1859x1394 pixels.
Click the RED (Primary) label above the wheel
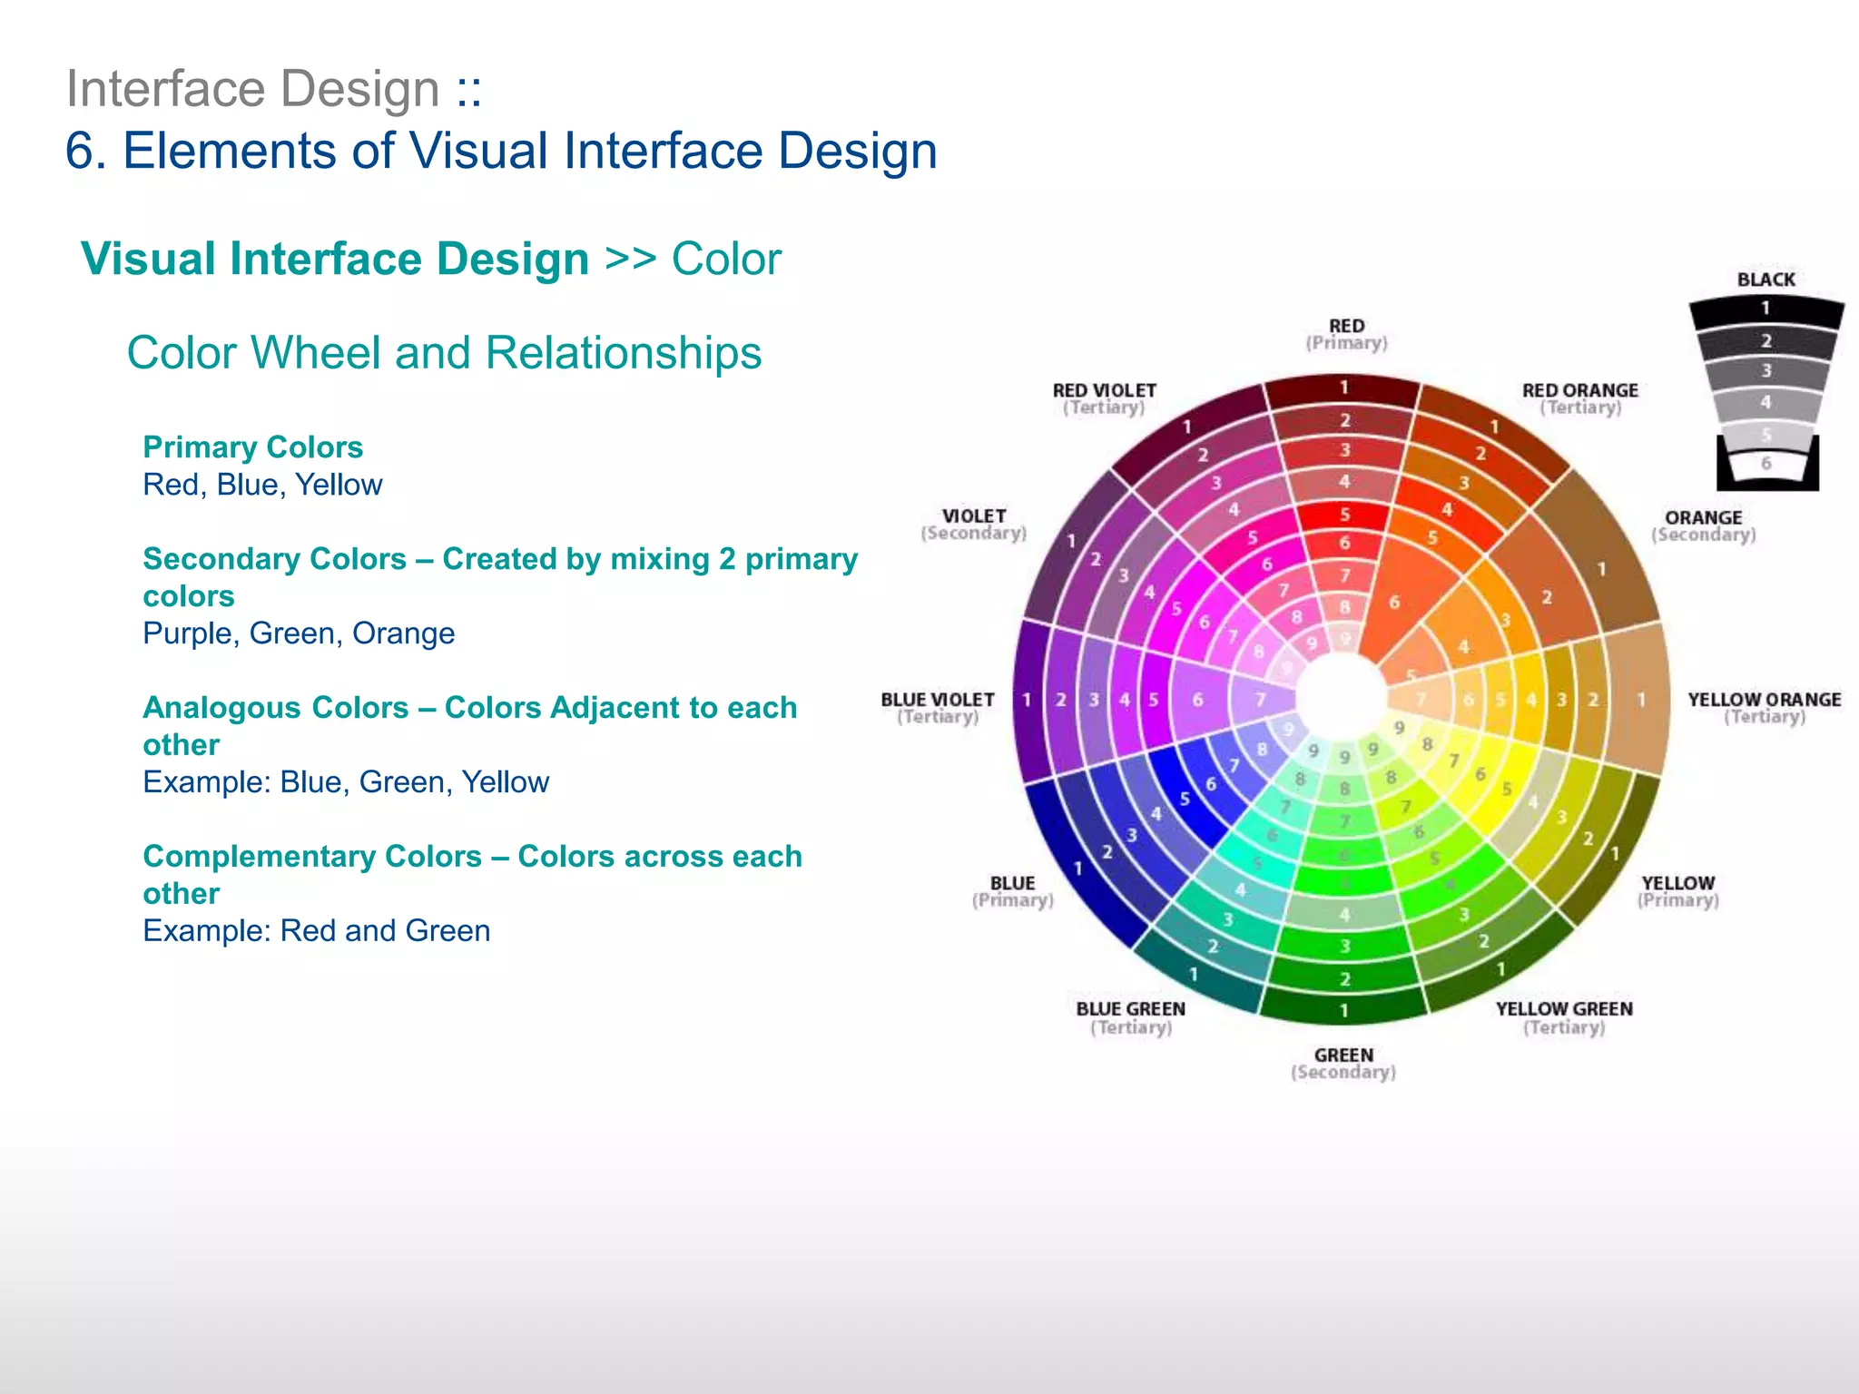tap(1346, 334)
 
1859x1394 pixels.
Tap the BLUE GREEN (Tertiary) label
tap(1130, 1017)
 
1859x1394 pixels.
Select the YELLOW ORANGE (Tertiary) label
tap(1764, 708)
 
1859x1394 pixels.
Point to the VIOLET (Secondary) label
tap(973, 524)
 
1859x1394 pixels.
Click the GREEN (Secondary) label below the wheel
tap(1343, 1063)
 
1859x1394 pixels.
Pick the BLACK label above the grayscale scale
tap(1766, 280)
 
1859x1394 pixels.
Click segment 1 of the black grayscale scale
tap(1766, 309)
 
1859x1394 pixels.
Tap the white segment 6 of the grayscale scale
tap(1766, 464)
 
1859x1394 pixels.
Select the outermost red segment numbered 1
tap(1343, 388)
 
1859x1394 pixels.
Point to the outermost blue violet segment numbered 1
tap(1028, 700)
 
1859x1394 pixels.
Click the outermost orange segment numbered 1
tap(1602, 569)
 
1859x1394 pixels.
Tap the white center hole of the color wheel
tap(1342, 699)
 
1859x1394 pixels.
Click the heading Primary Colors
tap(252, 447)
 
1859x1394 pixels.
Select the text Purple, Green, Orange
tap(299, 633)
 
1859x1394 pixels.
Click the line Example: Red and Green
tap(316, 931)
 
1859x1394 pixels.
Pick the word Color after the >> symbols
tap(725, 260)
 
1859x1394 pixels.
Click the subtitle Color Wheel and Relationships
tap(444, 353)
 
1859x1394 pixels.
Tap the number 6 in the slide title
tap(80, 151)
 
